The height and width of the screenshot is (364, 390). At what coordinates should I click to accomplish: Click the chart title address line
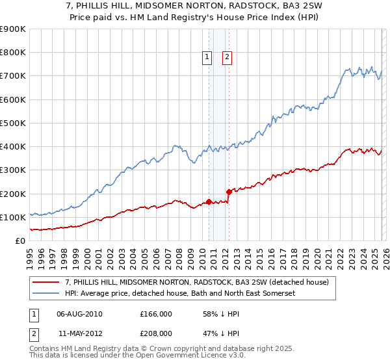coord(195,6)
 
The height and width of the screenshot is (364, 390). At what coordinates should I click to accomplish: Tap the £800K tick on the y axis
coord(13,53)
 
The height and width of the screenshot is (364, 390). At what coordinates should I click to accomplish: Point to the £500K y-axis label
coord(13,123)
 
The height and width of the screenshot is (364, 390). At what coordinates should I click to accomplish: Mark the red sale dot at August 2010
coord(209,201)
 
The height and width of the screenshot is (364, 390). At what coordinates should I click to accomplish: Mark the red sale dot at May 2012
coord(229,192)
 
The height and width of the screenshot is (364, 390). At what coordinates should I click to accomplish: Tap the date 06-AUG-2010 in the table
coord(80,314)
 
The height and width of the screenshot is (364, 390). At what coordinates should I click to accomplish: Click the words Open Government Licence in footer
coord(189,357)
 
